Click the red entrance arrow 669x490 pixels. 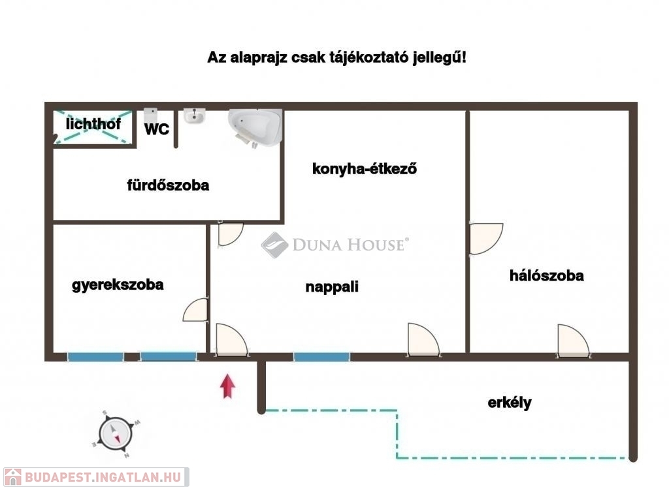pyautogui.click(x=227, y=386)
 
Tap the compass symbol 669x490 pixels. pyautogui.click(x=116, y=434)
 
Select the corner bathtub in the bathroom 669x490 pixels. pyautogui.click(x=255, y=127)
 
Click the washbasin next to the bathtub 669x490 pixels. pyautogui.click(x=195, y=116)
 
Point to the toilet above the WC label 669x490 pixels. pyautogui.click(x=150, y=115)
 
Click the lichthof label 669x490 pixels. pyautogui.click(x=93, y=124)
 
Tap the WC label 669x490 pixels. pyautogui.click(x=157, y=129)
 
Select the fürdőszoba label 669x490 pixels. pyautogui.click(x=168, y=185)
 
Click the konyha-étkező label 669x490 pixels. pyautogui.click(x=365, y=169)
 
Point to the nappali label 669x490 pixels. pyautogui.click(x=332, y=286)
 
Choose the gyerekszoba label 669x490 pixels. pyautogui.click(x=118, y=284)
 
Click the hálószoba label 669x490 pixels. pyautogui.click(x=547, y=275)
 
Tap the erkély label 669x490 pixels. pyautogui.click(x=510, y=402)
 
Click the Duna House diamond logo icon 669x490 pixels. pyautogui.click(x=275, y=245)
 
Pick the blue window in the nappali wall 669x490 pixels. pyautogui.click(x=321, y=357)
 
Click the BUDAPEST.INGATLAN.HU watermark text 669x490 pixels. pyautogui.click(x=103, y=477)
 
